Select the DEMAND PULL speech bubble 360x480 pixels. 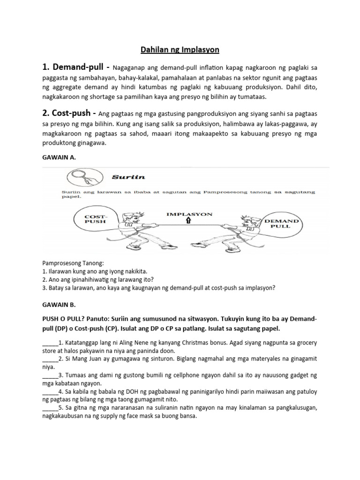coord(280,223)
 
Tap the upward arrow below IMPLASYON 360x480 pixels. coord(188,221)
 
